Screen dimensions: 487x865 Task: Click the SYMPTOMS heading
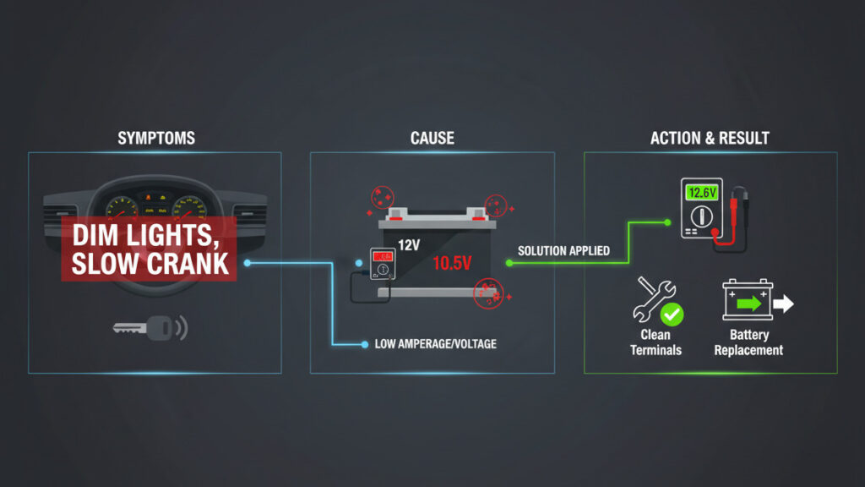(x=156, y=138)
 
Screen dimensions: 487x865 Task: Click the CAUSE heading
(x=432, y=138)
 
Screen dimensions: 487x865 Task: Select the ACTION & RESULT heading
(x=710, y=138)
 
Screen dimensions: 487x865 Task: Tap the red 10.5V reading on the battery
(x=452, y=263)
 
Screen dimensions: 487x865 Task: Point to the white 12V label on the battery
(x=409, y=245)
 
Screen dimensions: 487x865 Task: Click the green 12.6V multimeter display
(x=702, y=193)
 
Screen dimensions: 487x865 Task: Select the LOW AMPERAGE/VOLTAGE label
(x=435, y=344)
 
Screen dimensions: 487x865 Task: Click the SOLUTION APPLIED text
(x=563, y=251)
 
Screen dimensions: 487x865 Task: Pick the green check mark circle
(x=672, y=315)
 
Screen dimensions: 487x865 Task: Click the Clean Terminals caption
(x=656, y=342)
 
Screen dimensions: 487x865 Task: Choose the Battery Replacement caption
(x=748, y=342)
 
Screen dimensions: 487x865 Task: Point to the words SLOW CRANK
(x=150, y=262)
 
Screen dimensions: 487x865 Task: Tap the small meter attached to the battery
(x=383, y=264)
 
